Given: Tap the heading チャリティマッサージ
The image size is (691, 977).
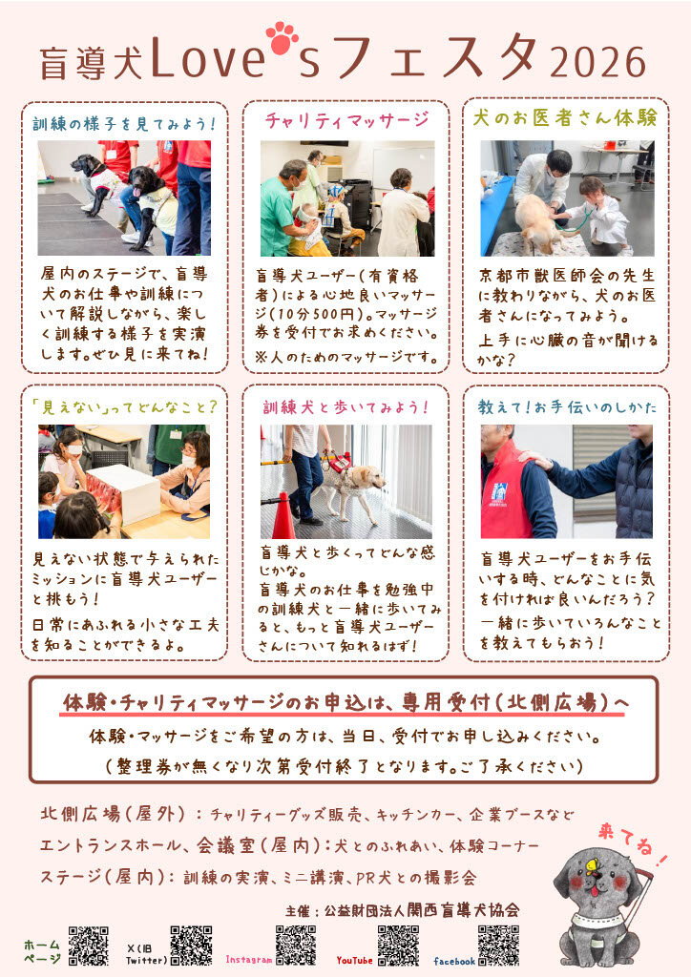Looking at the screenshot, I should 346,121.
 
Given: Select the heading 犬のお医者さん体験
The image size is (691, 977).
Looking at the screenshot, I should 565,118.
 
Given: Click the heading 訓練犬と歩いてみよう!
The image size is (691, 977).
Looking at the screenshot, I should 345,406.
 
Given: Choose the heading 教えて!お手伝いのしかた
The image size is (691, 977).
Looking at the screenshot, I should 567,406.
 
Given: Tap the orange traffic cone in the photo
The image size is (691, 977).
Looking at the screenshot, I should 283,516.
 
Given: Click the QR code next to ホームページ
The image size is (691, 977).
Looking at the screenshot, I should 89,946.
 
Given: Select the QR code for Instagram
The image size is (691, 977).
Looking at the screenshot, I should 295,946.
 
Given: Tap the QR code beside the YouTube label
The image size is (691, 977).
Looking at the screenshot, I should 398,946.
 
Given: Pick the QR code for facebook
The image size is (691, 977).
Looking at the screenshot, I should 498,946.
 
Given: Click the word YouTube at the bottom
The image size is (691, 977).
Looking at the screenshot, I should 355,960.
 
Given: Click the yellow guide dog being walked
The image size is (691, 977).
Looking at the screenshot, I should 354,482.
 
